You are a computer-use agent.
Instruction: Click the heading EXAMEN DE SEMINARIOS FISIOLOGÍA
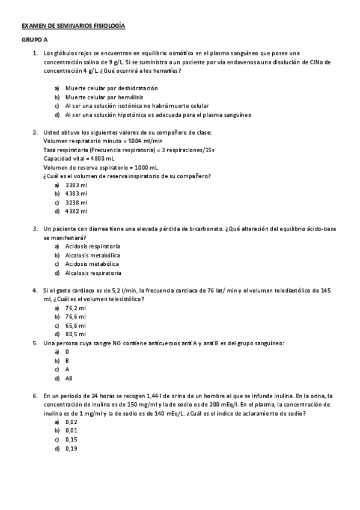73,27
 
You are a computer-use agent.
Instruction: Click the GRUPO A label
34,40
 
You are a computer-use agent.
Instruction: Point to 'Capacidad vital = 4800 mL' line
79,158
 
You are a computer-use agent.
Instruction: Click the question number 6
35,396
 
